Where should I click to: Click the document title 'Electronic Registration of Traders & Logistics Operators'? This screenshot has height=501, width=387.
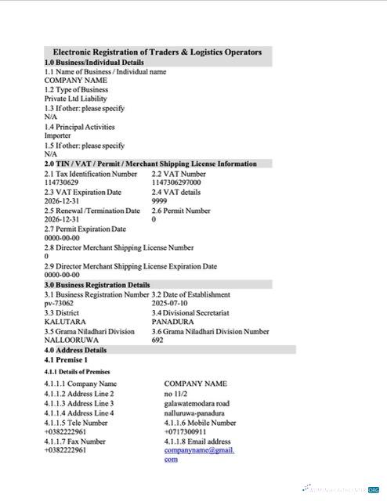pyautogui.click(x=157, y=52)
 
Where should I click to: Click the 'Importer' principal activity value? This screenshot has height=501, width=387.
pyautogui.click(x=59, y=135)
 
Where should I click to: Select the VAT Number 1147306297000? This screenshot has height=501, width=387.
pyautogui.click(x=176, y=182)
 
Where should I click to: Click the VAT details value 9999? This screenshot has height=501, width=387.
pyautogui.click(x=159, y=201)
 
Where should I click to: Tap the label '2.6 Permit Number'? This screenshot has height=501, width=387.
pyautogui.click(x=180, y=211)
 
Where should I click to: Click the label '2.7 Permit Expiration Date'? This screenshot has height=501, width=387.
pyautogui.click(x=85, y=229)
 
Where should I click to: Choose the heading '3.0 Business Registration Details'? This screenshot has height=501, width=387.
pyautogui.click(x=97, y=285)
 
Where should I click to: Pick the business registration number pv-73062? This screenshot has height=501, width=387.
pyautogui.click(x=59, y=303)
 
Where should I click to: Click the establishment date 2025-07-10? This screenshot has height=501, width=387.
pyautogui.click(x=170, y=303)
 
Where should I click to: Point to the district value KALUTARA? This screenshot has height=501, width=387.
pyautogui.click(x=65, y=322)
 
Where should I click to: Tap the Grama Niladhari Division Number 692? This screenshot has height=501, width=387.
pyautogui.click(x=157, y=341)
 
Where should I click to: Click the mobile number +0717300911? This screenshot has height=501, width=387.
pyautogui.click(x=186, y=431)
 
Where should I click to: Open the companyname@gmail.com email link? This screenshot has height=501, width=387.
pyautogui.click(x=199, y=450)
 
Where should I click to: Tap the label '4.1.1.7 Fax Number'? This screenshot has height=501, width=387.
pyautogui.click(x=75, y=441)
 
